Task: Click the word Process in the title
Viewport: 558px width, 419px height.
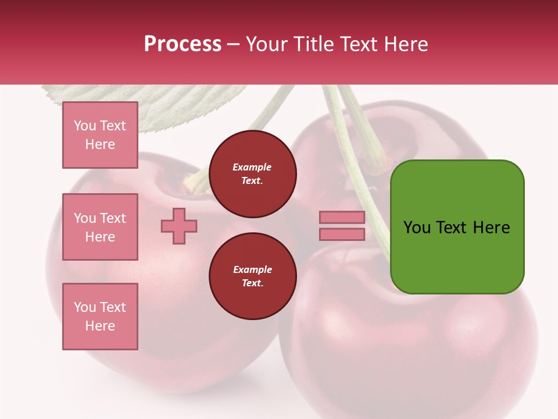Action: (x=183, y=44)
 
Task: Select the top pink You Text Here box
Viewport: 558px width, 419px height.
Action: (x=100, y=135)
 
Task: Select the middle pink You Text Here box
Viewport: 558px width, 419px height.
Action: (x=100, y=227)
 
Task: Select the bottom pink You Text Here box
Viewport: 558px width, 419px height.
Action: (x=100, y=317)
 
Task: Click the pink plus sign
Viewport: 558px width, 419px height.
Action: (x=179, y=226)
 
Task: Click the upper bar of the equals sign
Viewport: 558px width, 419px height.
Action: (x=342, y=218)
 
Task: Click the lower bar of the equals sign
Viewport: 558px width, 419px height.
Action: (x=342, y=235)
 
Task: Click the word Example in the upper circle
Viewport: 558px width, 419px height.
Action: (x=252, y=167)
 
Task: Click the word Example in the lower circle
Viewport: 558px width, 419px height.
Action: (x=252, y=269)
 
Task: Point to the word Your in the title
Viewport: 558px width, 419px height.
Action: (x=267, y=44)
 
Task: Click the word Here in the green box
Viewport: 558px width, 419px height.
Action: (x=491, y=228)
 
